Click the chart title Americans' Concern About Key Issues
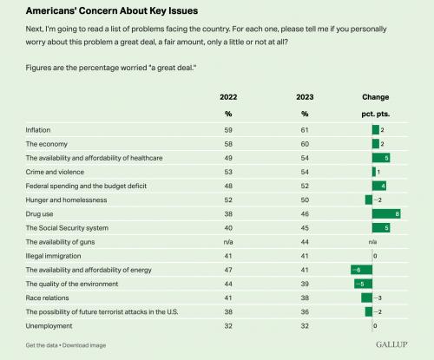pyautogui.click(x=112, y=10)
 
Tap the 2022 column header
pyautogui.click(x=228, y=97)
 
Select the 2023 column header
pyautogui.click(x=305, y=97)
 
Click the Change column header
pyautogui.click(x=376, y=97)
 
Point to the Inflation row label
pyautogui.click(x=38, y=130)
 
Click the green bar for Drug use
pyautogui.click(x=386, y=214)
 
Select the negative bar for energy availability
pyautogui.click(x=362, y=270)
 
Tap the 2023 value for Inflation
pyautogui.click(x=305, y=130)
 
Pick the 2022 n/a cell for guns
pyautogui.click(x=228, y=242)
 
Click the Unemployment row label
pyautogui.click(x=49, y=326)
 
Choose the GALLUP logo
pyautogui.click(x=391, y=344)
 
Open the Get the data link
pyautogui.click(x=42, y=345)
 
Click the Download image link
pyautogui.click(x=84, y=345)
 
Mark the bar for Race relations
pyautogui.click(x=367, y=298)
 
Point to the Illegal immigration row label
pyautogui.click(x=53, y=256)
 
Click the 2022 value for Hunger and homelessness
pyautogui.click(x=228, y=200)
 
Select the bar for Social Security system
pyautogui.click(x=381, y=228)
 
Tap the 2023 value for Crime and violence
pyautogui.click(x=305, y=172)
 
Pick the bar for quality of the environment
pyautogui.click(x=364, y=284)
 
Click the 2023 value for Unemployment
pyautogui.click(x=305, y=326)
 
